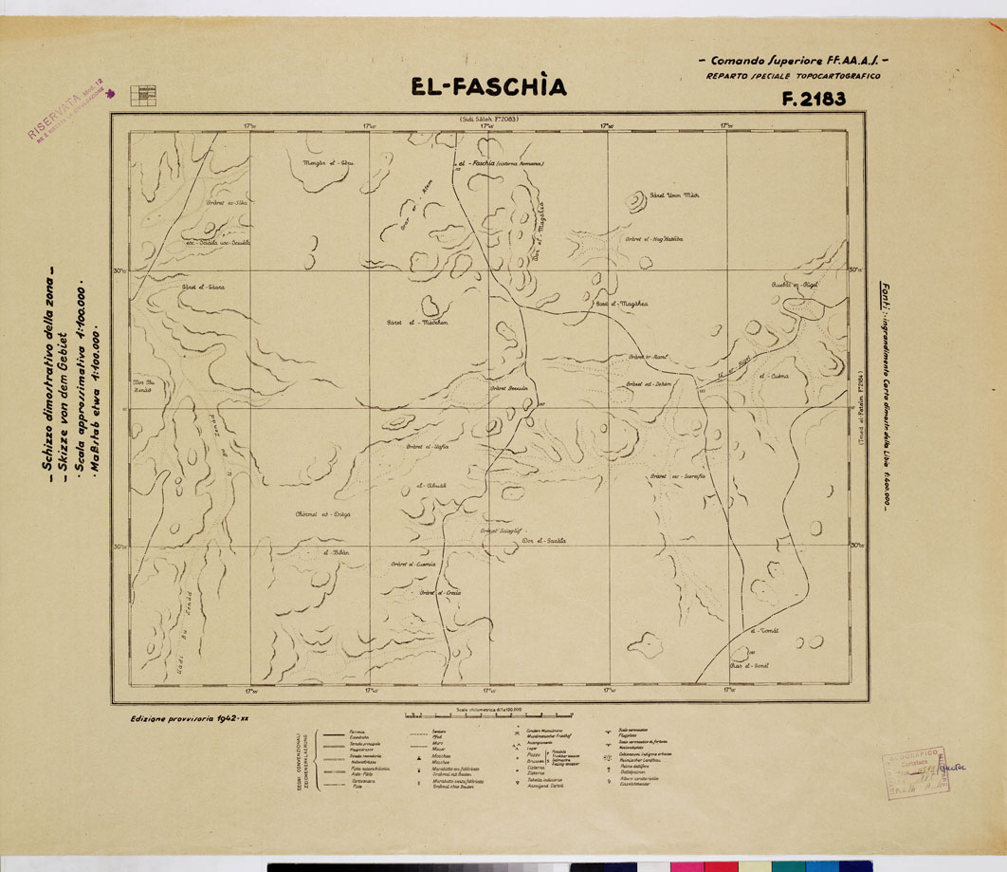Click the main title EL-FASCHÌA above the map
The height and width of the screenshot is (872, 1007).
tap(488, 87)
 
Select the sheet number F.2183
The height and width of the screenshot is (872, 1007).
tap(814, 98)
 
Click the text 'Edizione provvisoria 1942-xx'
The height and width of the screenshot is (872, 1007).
tap(190, 719)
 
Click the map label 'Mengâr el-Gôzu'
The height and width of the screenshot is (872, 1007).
tap(326, 164)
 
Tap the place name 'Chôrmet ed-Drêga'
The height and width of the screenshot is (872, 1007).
tap(323, 512)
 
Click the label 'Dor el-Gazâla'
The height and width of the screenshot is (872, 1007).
tap(544, 540)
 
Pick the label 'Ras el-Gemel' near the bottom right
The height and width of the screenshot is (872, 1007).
tap(748, 664)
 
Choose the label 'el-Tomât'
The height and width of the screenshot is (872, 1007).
tap(763, 630)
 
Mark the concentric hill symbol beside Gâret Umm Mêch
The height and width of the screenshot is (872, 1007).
tap(632, 200)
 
